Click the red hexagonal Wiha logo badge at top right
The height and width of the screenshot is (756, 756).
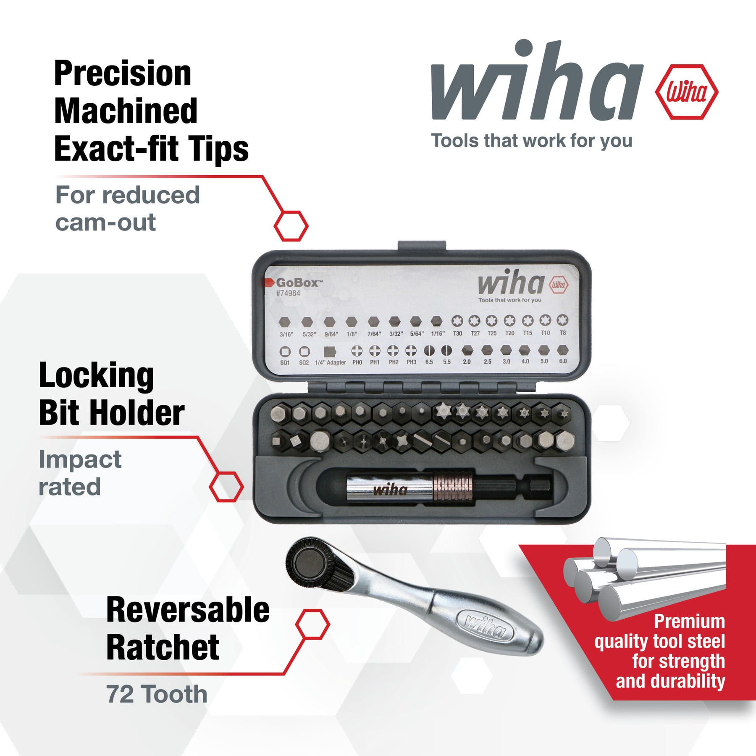pyautogui.click(x=687, y=92)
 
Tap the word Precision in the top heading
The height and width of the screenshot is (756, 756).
pyautogui.click(x=123, y=73)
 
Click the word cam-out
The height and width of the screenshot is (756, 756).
pyautogui.click(x=105, y=222)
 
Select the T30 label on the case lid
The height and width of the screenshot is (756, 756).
pyautogui.click(x=457, y=333)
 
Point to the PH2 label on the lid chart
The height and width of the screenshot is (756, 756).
pyautogui.click(x=394, y=362)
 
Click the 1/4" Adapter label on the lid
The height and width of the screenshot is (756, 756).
pyautogui.click(x=331, y=362)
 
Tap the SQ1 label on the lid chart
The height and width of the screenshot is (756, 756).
pyautogui.click(x=285, y=363)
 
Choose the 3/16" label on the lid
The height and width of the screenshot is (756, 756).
pyautogui.click(x=286, y=335)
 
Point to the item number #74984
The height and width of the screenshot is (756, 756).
pyautogui.click(x=288, y=293)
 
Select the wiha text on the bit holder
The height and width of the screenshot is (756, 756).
pyautogui.click(x=390, y=490)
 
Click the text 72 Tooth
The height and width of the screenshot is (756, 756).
pyautogui.click(x=157, y=694)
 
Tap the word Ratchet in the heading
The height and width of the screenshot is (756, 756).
pyautogui.click(x=163, y=647)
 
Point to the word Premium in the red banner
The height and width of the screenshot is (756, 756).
pyautogui.click(x=690, y=622)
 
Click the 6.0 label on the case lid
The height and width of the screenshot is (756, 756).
pyautogui.click(x=563, y=361)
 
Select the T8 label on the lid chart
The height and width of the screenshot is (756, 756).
pyautogui.click(x=563, y=333)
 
